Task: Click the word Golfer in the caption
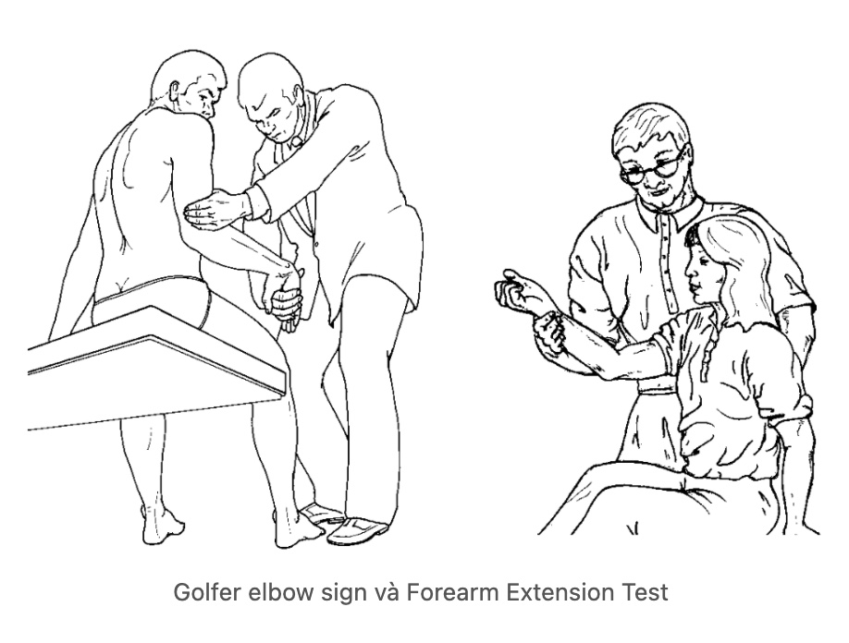(x=207, y=592)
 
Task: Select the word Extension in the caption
(x=560, y=592)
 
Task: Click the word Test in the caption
(x=644, y=592)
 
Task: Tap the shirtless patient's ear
(x=175, y=91)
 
